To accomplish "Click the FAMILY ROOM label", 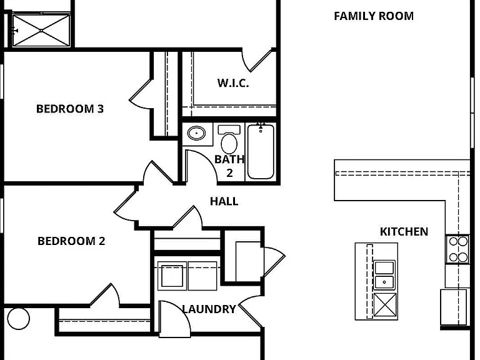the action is [374, 16].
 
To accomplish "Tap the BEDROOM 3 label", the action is [70, 109].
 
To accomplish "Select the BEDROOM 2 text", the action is [71, 241].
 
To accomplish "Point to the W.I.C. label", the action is [233, 82].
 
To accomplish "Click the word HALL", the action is [224, 201].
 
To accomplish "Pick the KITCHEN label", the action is [404, 231].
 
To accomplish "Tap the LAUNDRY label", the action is [209, 309].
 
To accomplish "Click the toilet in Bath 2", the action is [229, 139].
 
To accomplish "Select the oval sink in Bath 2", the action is [196, 133].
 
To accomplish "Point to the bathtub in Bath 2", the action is [261, 151].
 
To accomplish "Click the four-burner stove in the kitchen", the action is [457, 249].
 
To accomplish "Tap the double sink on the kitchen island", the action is [384, 275].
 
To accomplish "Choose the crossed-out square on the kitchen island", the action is [385, 305].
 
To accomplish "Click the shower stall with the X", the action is [41, 31].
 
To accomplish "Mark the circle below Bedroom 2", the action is [18, 318].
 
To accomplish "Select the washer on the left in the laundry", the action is [172, 276].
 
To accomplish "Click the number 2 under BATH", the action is [229, 173].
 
